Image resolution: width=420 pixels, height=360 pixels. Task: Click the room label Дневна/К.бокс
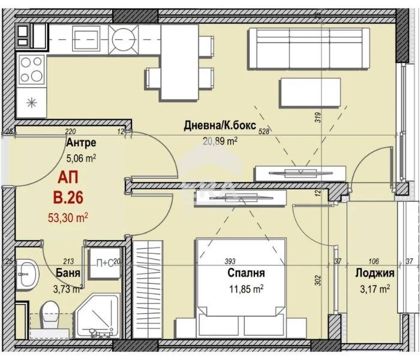[220, 127]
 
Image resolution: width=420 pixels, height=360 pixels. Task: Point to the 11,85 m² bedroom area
[246, 288]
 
